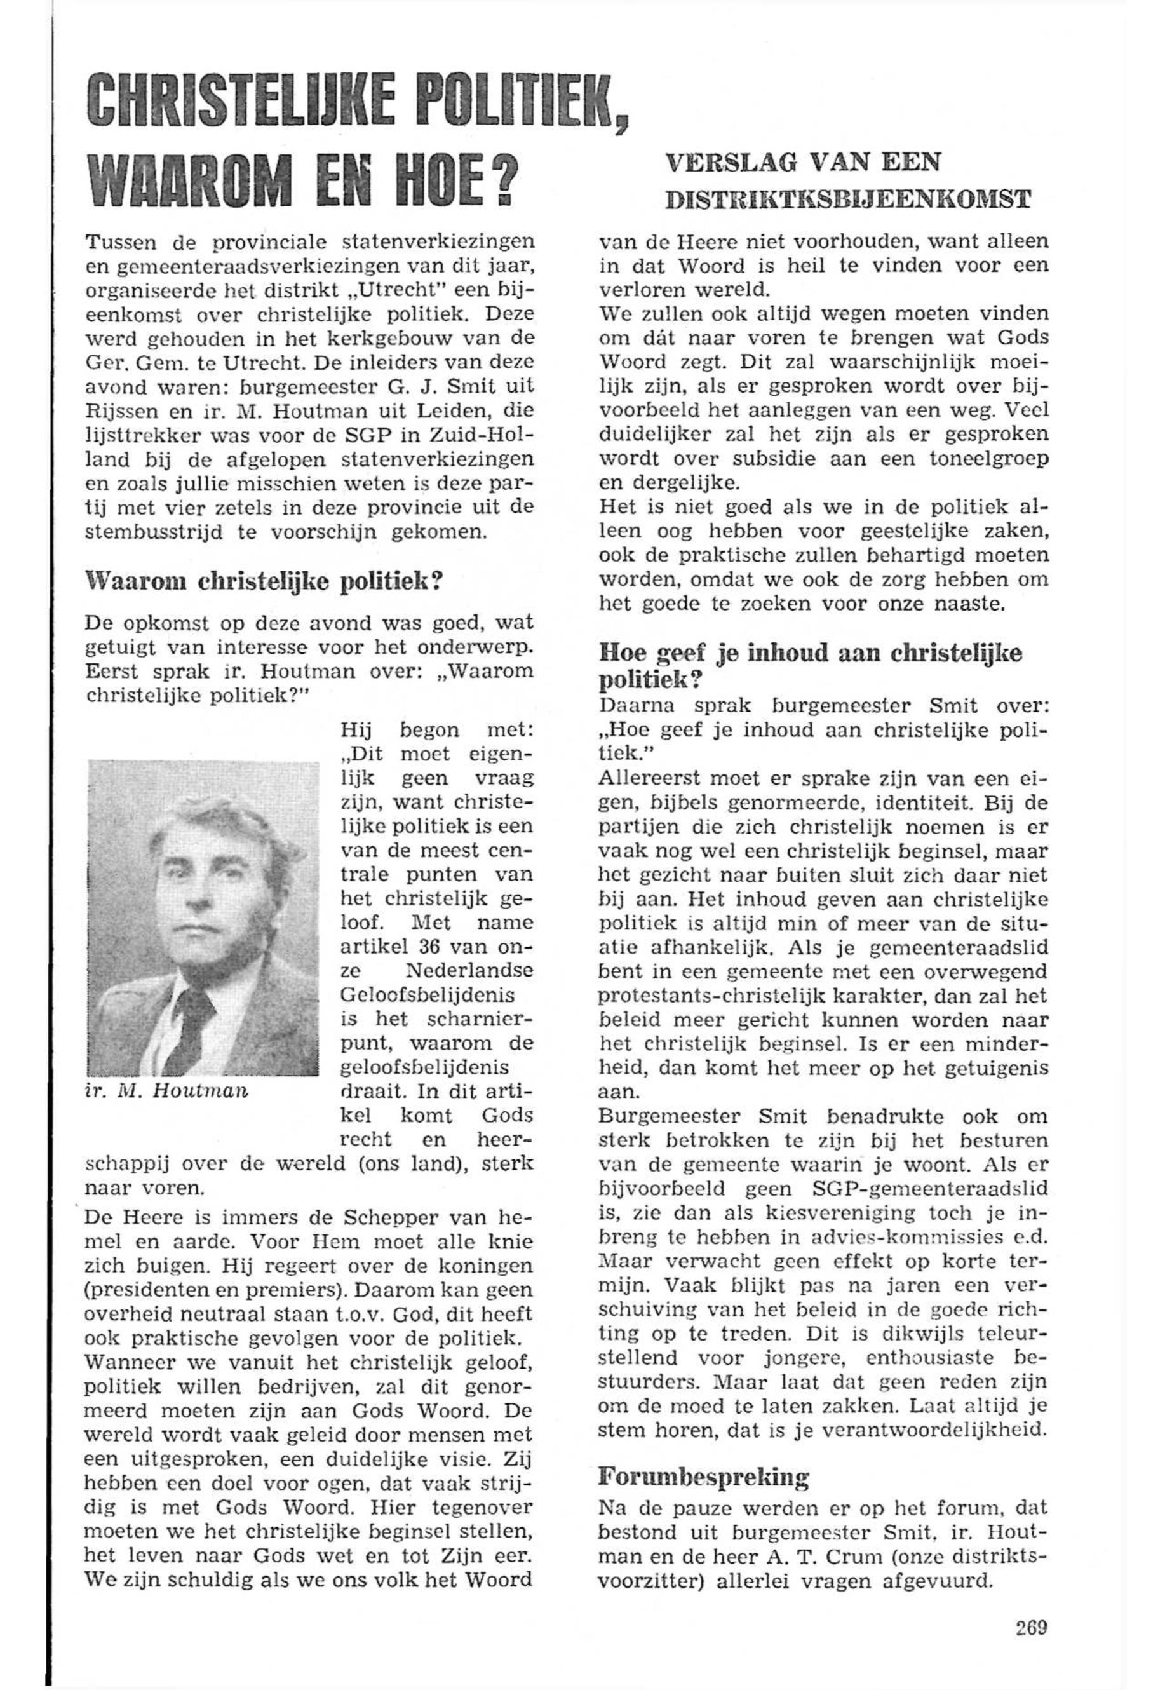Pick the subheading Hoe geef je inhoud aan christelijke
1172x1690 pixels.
(x=810, y=654)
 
